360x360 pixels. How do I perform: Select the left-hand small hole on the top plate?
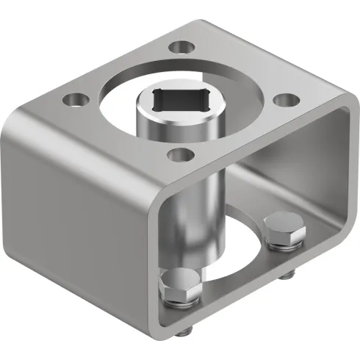(73, 97)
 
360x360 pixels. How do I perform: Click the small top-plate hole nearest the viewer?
(177, 155)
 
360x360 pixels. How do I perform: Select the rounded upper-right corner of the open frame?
(339, 118)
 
